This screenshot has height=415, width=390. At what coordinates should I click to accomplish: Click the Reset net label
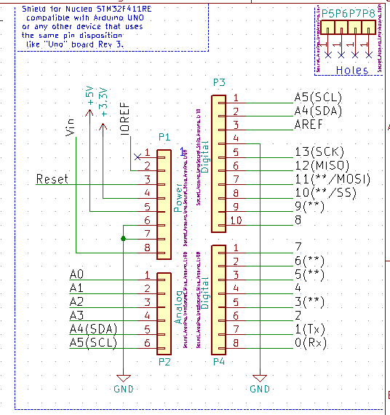tap(52, 179)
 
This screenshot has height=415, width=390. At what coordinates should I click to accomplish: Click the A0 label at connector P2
tap(77, 274)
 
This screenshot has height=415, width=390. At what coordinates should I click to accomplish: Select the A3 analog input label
tap(77, 315)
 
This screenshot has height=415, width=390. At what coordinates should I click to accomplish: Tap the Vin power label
tap(71, 127)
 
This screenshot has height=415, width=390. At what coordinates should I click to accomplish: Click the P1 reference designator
tap(164, 137)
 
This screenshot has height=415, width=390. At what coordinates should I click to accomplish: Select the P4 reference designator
tap(219, 361)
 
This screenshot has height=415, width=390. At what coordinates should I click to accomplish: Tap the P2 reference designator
tap(164, 361)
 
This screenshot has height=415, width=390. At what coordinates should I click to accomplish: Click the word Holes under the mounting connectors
tap(352, 70)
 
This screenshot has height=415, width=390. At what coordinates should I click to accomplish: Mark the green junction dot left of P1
tap(124, 238)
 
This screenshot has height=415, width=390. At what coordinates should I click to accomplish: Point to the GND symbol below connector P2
tap(124, 381)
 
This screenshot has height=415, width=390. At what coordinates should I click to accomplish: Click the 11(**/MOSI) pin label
tap(333, 179)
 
